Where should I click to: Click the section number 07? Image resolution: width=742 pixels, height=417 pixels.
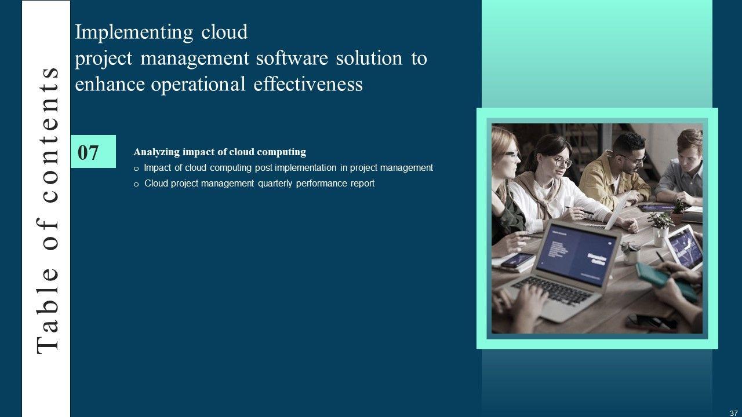pos(88,152)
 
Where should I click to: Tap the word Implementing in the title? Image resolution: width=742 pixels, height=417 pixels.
pos(134,33)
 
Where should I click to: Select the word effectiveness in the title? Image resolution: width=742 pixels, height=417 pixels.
pos(308,84)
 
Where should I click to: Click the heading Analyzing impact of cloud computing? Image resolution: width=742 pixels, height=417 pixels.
pos(220,152)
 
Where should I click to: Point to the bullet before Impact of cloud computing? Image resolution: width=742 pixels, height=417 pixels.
pos(136,169)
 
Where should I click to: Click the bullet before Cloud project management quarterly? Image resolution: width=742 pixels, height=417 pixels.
pos(136,185)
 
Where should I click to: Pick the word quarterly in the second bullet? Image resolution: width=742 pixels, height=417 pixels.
pos(275,184)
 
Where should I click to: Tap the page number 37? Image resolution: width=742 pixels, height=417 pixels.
pos(733,413)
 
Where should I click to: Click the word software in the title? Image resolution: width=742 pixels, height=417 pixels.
pos(292,58)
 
